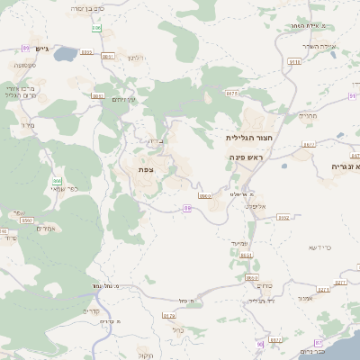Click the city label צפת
point(144,169)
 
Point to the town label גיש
point(51,47)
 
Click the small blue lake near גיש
point(66,55)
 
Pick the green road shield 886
point(96,29)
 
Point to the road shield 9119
point(294,61)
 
